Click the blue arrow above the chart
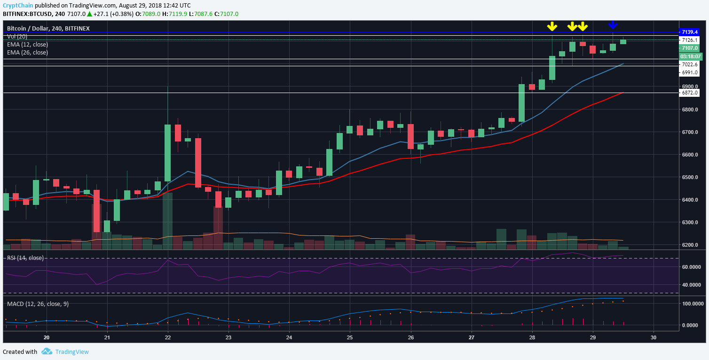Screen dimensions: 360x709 [613, 25]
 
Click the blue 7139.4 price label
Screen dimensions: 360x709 [689, 32]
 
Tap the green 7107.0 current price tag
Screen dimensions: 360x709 [689, 48]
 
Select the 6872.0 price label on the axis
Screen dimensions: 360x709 [689, 93]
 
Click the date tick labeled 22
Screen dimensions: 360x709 [168, 337]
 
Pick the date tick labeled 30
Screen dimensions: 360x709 [654, 337]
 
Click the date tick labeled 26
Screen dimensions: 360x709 [411, 337]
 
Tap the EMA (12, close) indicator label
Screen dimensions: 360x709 [27, 45]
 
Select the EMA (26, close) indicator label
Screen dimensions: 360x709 [27, 53]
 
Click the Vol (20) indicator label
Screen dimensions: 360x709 [17, 37]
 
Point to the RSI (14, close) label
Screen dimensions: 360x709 [25, 258]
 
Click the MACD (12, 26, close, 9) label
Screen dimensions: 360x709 [38, 304]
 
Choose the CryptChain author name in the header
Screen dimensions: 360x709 [17, 5]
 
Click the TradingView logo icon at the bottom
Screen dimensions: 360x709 [47, 352]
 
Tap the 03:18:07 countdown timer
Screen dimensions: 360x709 [689, 56]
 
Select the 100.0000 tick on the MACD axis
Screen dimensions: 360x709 [693, 304]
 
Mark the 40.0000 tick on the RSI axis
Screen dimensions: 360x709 [693, 285]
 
